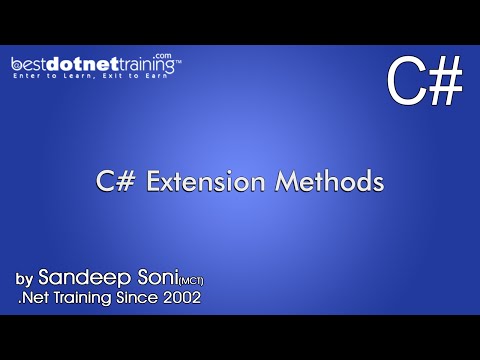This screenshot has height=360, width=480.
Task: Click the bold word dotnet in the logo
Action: coord(79,65)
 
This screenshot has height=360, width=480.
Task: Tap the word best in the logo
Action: coord(32,65)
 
